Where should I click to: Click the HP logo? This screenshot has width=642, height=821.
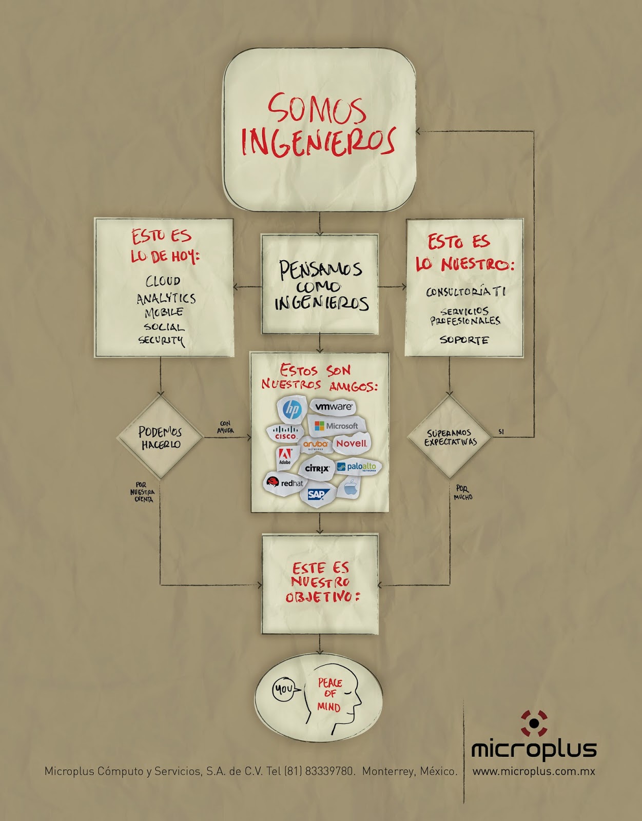click(x=292, y=409)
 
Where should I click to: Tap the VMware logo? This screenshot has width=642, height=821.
click(x=334, y=407)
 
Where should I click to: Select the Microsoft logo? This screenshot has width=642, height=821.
click(x=337, y=426)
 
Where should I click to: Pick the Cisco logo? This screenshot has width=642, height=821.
click(x=285, y=433)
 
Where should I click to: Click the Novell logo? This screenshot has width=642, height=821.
click(x=352, y=443)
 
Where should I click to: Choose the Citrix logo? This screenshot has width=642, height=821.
click(x=317, y=468)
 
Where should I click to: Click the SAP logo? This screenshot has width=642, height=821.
click(x=317, y=495)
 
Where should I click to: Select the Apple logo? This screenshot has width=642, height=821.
click(x=351, y=487)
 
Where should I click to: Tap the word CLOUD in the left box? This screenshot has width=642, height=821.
click(x=163, y=281)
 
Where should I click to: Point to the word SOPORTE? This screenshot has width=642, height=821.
click(x=464, y=340)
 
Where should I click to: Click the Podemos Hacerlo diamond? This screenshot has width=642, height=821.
click(x=160, y=438)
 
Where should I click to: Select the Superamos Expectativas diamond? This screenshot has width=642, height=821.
click(x=450, y=437)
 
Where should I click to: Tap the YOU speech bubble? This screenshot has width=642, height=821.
click(x=284, y=689)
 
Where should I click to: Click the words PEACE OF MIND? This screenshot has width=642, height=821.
click(x=329, y=695)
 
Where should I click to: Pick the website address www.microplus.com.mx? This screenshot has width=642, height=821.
click(x=534, y=771)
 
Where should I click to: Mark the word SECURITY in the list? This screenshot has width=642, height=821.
click(x=161, y=340)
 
